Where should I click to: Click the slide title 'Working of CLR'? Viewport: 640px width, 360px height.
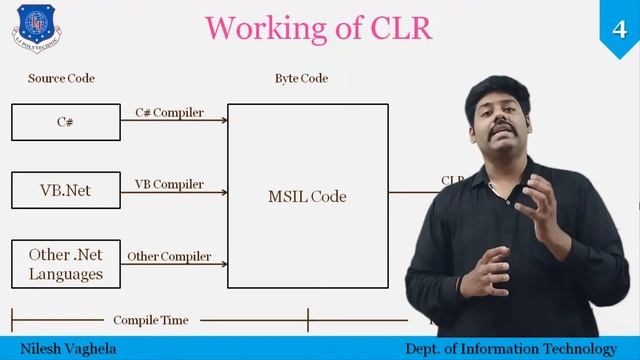[x=319, y=28]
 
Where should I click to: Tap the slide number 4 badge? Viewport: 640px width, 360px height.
[x=620, y=21]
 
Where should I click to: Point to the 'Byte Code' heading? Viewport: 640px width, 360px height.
[x=301, y=78]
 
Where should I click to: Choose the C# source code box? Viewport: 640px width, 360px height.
[x=66, y=122]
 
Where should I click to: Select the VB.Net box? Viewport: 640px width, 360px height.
[x=66, y=189]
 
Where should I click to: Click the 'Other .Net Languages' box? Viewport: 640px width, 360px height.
[x=66, y=264]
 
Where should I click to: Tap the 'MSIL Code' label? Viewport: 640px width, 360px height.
[x=307, y=196]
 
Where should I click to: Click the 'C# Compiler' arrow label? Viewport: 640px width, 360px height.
[x=169, y=112]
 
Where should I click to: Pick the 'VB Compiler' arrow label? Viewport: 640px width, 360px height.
[x=169, y=184]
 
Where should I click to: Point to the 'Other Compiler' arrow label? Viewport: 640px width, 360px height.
[x=169, y=256]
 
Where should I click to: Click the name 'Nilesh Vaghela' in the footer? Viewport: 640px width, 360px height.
[x=60, y=348]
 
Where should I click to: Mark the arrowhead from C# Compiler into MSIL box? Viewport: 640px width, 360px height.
[x=224, y=121]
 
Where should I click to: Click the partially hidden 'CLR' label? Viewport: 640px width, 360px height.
[x=452, y=181]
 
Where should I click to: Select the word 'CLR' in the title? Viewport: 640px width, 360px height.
[x=399, y=28]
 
